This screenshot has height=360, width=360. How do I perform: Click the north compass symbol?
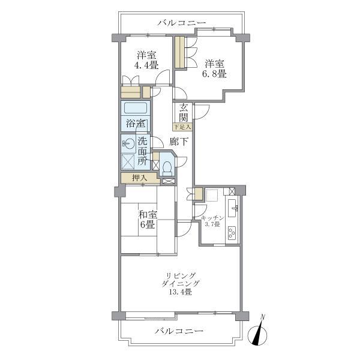pos(257,334)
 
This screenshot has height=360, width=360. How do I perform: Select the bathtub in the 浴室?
pos(136,108)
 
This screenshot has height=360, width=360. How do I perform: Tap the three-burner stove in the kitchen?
pos(232,233)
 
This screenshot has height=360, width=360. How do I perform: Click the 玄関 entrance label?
pos(184,113)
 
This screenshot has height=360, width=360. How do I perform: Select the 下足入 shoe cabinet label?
pos(182,127)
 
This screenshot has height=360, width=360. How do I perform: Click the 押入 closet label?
pos(140,178)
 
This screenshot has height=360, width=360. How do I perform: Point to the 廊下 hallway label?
pos(179,142)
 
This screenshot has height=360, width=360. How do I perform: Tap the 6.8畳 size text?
pos(214,74)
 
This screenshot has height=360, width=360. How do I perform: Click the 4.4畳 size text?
pos(146,65)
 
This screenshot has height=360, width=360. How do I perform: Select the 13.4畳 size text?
pos(180,292)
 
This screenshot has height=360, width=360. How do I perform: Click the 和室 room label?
pos(148,215)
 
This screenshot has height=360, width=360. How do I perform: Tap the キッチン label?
pos(212,218)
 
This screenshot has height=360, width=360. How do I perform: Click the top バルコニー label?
pos(182,23)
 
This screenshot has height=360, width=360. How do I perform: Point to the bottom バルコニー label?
pos(179,331)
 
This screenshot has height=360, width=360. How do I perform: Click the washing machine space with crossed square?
pos(128,161)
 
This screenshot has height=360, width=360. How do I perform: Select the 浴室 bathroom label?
pos(136,124)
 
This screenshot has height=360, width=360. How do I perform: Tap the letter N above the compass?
pos(263,317)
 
